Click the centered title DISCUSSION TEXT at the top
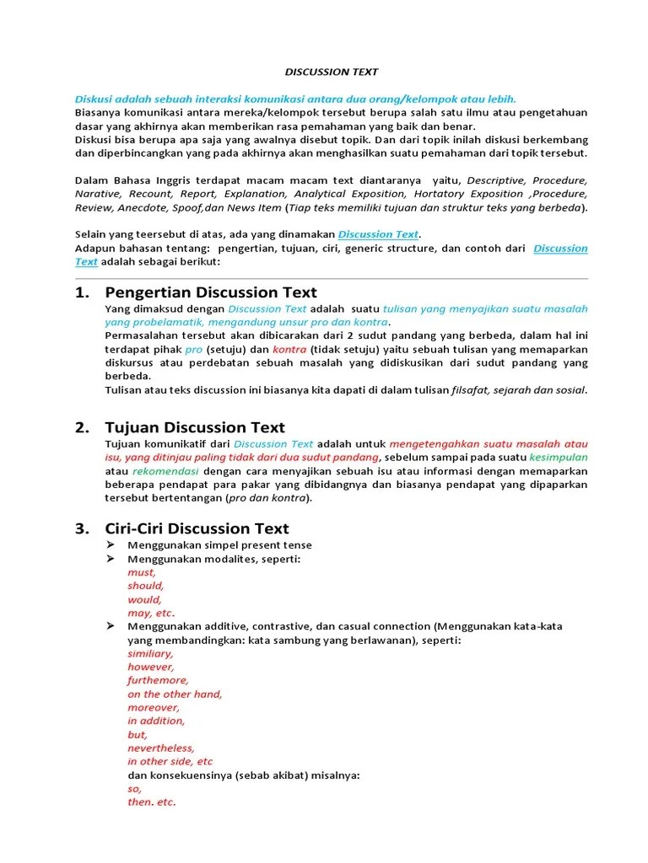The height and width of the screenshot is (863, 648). [x=330, y=72]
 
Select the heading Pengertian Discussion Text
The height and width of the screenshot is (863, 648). [x=210, y=292]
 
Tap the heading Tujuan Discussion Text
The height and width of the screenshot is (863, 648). [x=195, y=427]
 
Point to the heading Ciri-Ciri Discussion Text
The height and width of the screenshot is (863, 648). [x=197, y=528]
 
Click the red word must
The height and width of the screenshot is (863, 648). [x=142, y=572]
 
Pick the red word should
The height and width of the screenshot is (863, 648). [x=146, y=586]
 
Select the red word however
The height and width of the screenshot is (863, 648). [x=151, y=667]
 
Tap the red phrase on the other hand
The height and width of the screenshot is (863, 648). [x=175, y=694]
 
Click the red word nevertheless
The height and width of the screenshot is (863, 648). [x=161, y=748]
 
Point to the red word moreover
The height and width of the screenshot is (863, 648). [x=154, y=707]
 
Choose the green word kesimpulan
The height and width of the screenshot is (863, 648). [x=559, y=457]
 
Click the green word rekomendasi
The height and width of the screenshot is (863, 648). [x=166, y=470]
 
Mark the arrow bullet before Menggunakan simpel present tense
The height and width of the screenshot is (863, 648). [x=110, y=545]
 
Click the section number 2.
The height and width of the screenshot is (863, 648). [x=81, y=427]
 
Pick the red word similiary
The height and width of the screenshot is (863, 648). [x=150, y=653]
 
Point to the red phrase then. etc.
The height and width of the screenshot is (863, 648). [x=152, y=801]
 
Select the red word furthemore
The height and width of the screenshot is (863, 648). [x=159, y=680]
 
